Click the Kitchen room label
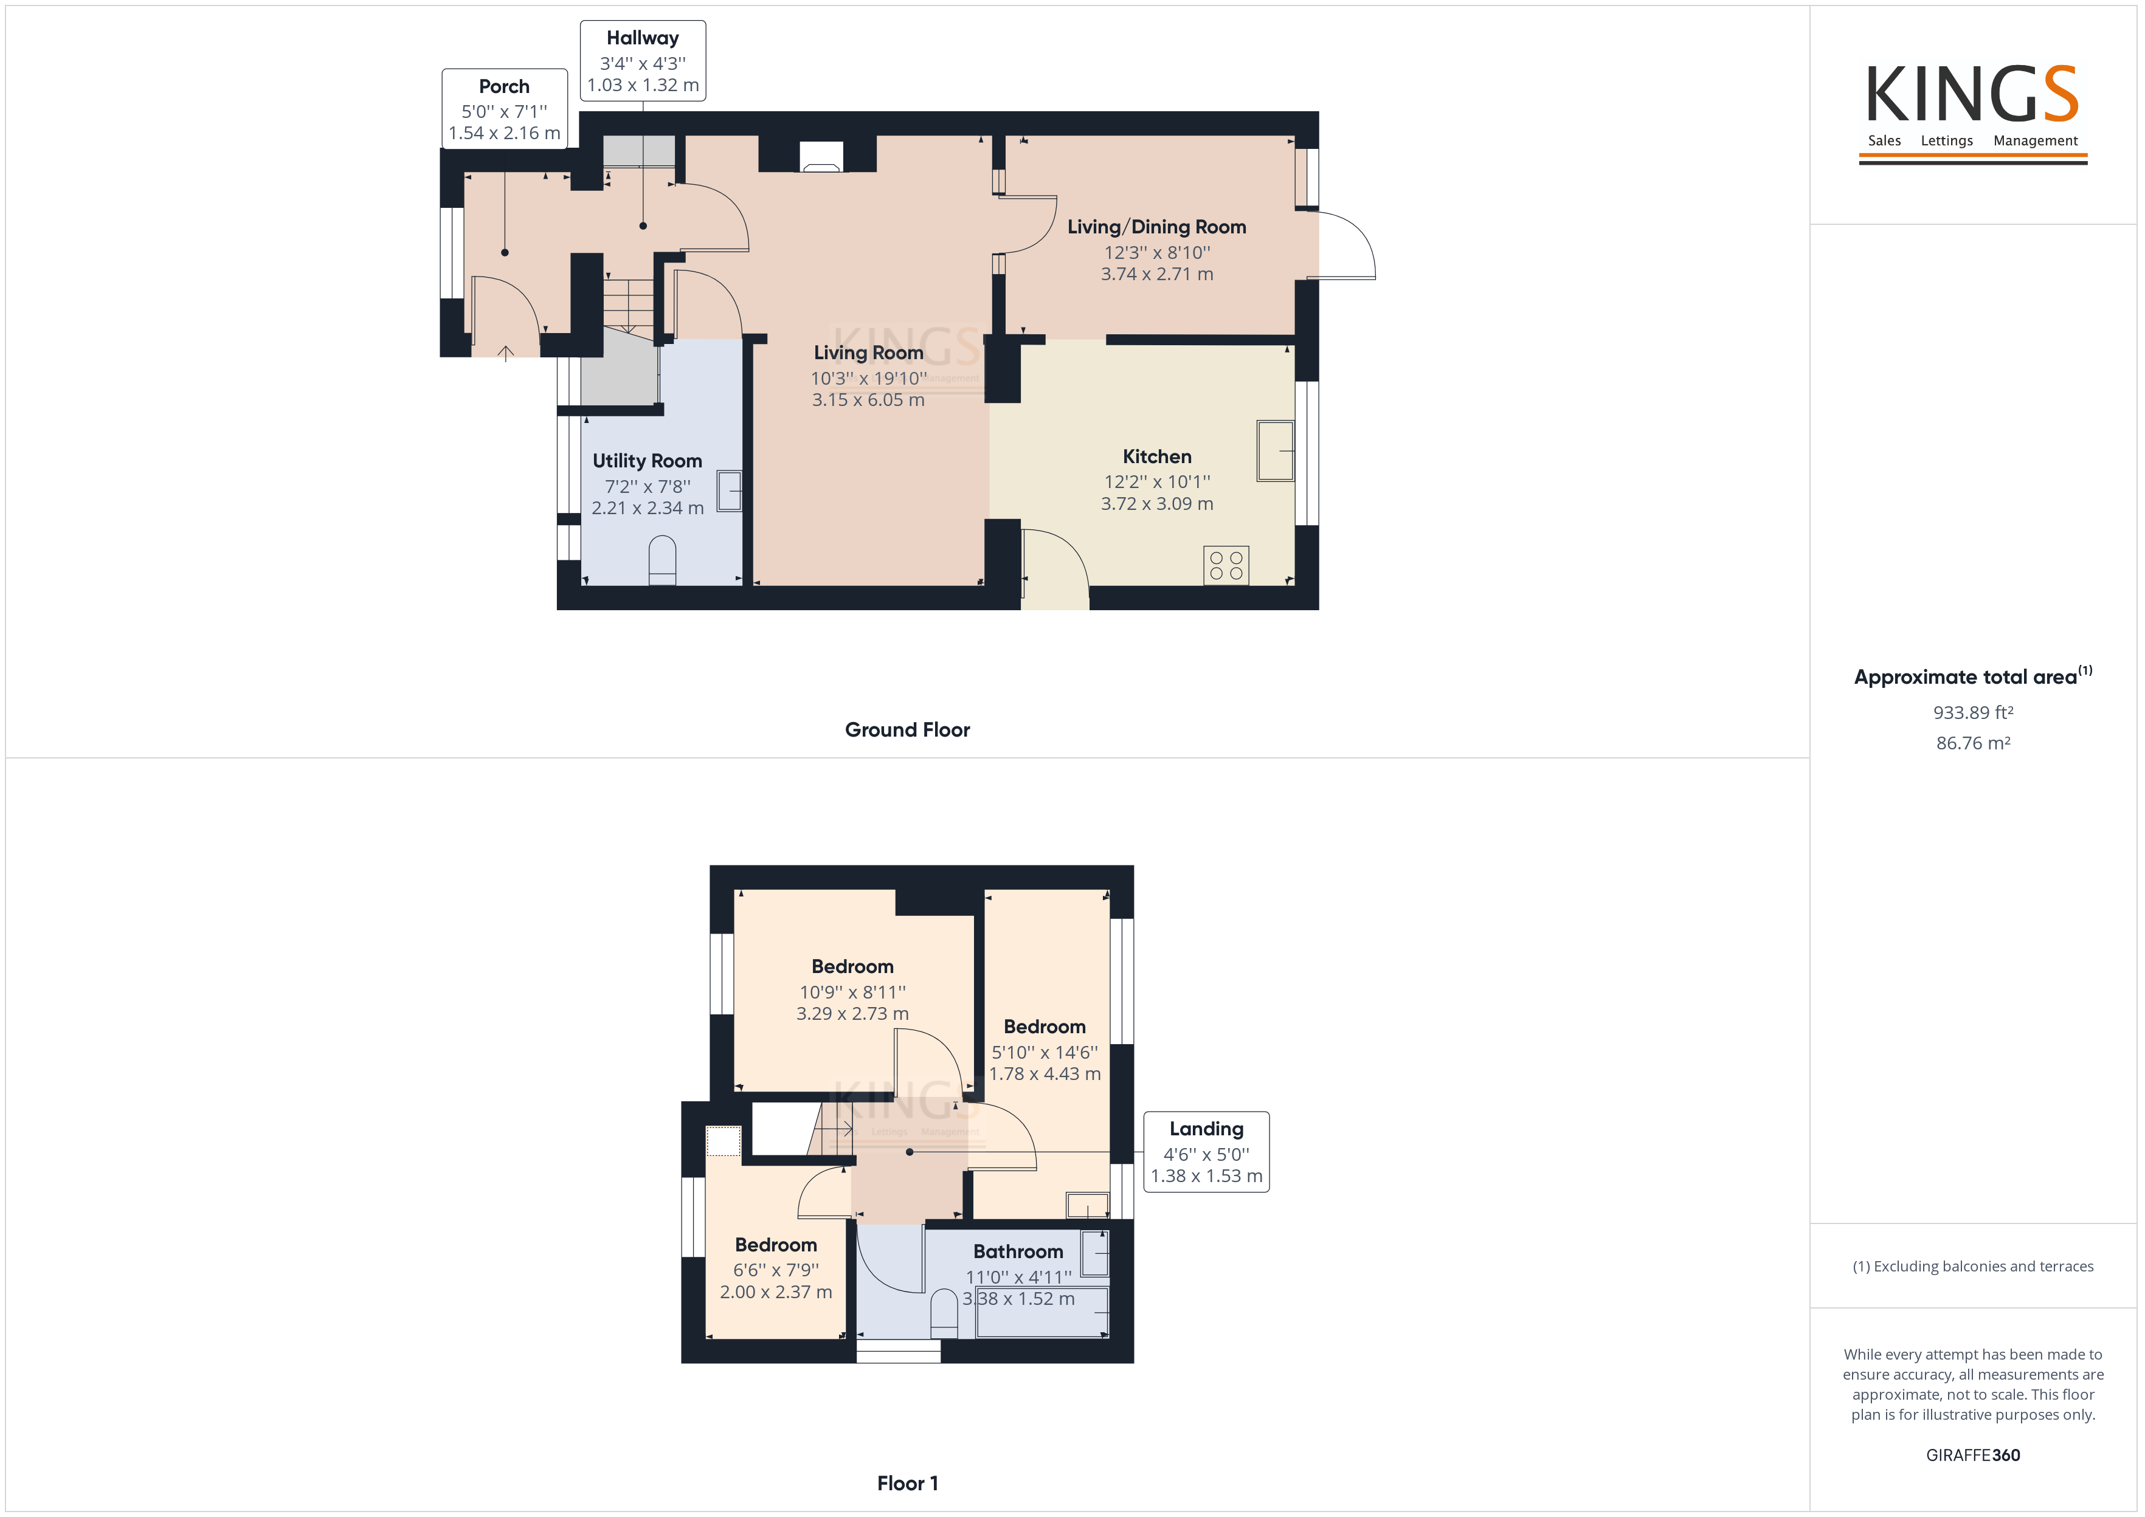tap(1156, 457)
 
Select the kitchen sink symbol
tap(1275, 451)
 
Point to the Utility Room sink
tap(730, 491)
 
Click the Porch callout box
tap(505, 108)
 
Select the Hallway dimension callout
tap(643, 61)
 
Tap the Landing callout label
tap(1206, 1152)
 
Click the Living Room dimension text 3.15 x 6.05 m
tap(868, 400)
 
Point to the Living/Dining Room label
tap(1156, 227)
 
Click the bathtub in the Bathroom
tap(1041, 1312)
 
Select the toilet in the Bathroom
tap(944, 1314)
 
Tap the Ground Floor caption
tap(907, 729)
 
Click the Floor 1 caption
tap(907, 1484)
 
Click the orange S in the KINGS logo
tap(2060, 94)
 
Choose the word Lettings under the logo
tap(1947, 141)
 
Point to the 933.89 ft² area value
tap(1973, 713)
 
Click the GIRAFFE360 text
tap(1973, 1456)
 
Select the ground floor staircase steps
tap(629, 304)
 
